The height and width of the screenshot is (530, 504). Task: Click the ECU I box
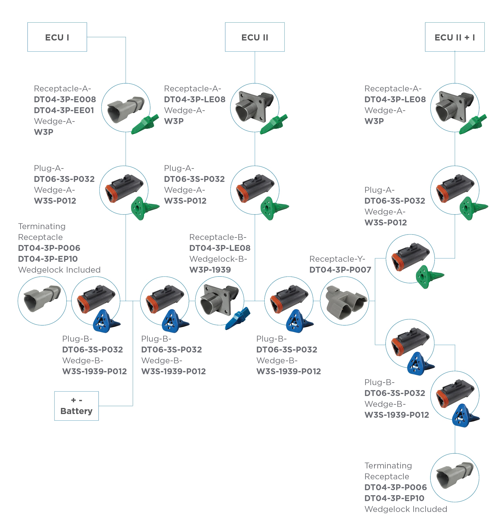[x=57, y=37]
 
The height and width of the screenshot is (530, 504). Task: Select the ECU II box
[x=254, y=37]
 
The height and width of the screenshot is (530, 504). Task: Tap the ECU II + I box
[x=454, y=37]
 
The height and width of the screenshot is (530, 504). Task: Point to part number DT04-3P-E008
[x=65, y=99]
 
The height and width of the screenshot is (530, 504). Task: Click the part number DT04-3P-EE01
[x=64, y=110]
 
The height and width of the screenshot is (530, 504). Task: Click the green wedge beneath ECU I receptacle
[x=145, y=124]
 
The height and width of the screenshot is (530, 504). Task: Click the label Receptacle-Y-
[x=337, y=259]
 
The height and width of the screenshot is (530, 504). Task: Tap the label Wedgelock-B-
[x=218, y=259]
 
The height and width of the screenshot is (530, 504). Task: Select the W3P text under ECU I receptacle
[x=44, y=132]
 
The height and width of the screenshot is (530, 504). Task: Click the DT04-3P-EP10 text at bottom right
[x=394, y=498]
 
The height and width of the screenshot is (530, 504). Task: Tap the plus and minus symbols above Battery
[x=76, y=400]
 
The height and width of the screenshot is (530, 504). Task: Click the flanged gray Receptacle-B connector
[x=219, y=300]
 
